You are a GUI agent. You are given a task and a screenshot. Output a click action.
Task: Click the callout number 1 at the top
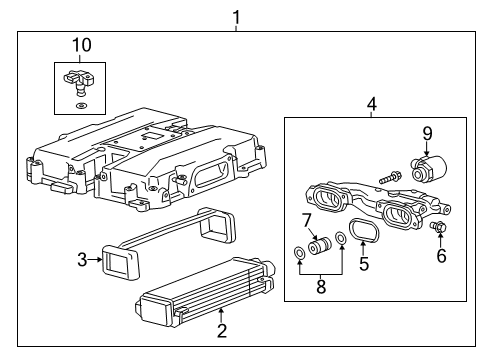236,16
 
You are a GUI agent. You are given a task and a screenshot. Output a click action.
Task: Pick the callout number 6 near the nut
440,256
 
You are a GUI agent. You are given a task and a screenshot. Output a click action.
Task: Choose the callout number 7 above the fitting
308,219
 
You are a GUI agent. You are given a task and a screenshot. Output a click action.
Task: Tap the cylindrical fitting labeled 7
321,247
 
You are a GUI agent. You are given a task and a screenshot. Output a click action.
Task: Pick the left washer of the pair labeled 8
300,253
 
